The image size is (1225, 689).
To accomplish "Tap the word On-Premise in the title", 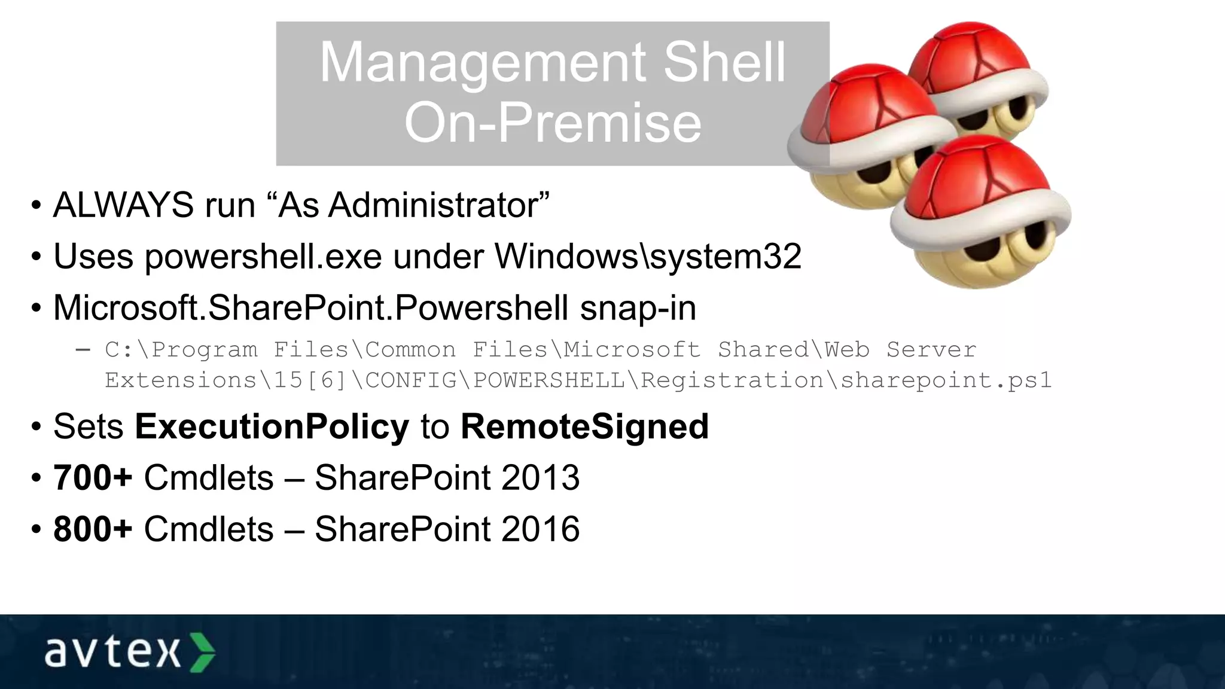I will tap(553, 123).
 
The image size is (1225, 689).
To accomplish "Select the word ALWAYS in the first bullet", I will tap(123, 205).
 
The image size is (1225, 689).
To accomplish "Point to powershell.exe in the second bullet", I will tap(263, 257).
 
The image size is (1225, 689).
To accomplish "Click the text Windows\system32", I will tap(648, 257).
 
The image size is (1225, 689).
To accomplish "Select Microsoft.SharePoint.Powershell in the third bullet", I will tap(310, 308).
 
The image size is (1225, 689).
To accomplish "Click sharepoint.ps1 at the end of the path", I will tap(946, 380).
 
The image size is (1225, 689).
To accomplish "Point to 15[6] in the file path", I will tap(310, 380).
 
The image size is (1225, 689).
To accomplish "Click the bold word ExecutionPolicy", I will tap(272, 426).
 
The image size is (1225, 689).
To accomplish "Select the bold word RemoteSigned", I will tap(584, 426).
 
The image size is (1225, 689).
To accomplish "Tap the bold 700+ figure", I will tap(93, 477).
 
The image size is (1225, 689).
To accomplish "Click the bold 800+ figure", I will tap(93, 529).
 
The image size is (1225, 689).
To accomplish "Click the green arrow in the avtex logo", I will tap(202, 652).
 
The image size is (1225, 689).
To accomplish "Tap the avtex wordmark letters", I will tap(112, 652).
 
